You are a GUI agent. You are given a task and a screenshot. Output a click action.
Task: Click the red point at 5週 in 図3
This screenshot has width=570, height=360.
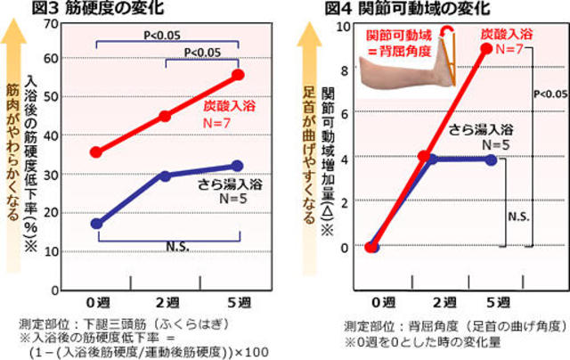coord(238,75)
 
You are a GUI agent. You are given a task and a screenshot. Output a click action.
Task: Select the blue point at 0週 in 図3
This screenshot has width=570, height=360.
coord(96,223)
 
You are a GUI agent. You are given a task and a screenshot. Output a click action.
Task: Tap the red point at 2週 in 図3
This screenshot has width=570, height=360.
coord(166,116)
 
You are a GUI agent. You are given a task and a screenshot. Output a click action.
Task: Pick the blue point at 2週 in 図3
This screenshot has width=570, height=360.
coord(166,176)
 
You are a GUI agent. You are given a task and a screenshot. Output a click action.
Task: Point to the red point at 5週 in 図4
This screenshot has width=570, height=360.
coord(486,49)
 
